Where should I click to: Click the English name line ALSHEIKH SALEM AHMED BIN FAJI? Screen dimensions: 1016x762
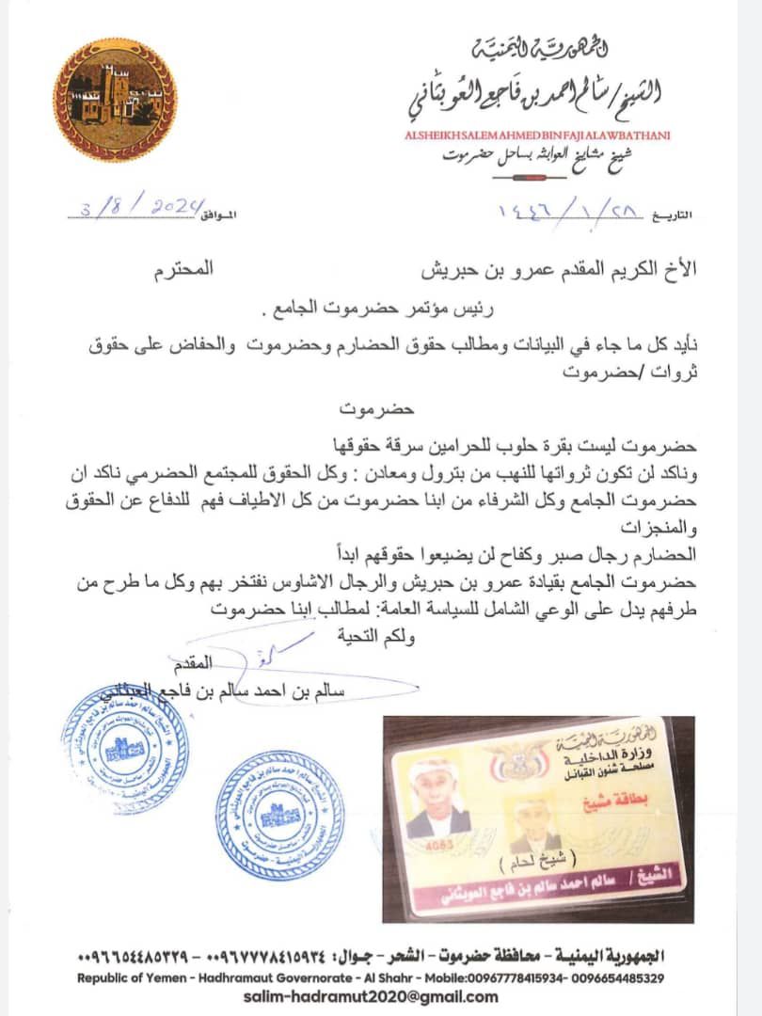click(536, 135)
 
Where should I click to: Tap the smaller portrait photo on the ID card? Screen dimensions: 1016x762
click(532, 822)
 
